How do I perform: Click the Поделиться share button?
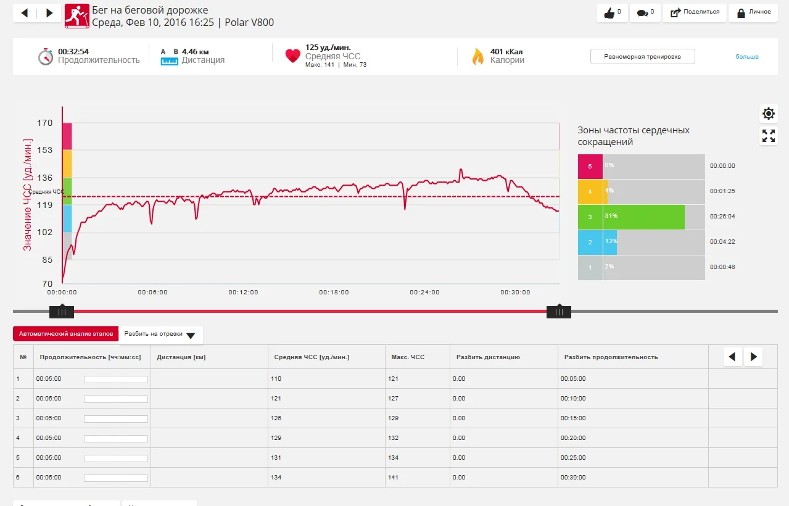coord(694,12)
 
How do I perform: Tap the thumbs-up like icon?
coord(609,13)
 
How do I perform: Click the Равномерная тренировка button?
coord(642,57)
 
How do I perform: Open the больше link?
coord(746,57)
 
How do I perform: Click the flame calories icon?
coord(477,57)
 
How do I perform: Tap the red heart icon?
coord(292,56)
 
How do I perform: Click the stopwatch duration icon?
coord(46,57)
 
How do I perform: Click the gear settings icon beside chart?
coord(768,114)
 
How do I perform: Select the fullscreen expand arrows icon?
coord(768,136)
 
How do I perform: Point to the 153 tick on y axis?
coord(45,150)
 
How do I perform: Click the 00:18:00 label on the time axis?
coord(334,292)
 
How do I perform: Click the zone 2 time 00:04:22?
coord(722,242)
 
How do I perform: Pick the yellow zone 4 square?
coord(590,191)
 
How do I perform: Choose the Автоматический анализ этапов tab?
coord(65,334)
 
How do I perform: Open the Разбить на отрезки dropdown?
coord(160,334)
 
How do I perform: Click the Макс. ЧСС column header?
coord(408,357)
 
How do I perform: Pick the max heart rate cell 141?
coord(393,478)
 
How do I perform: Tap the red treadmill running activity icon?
coord(76,17)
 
